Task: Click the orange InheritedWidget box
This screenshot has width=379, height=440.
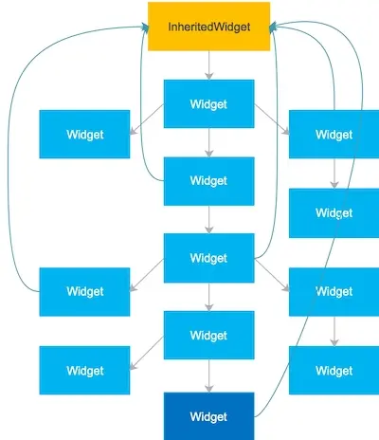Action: pyautogui.click(x=208, y=26)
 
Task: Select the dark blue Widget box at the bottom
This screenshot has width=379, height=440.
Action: pyautogui.click(x=208, y=415)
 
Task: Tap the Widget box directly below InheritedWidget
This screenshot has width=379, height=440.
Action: pyautogui.click(x=208, y=103)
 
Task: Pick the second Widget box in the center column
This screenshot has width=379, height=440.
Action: pyautogui.click(x=208, y=180)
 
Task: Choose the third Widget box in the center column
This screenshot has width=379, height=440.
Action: pyautogui.click(x=208, y=258)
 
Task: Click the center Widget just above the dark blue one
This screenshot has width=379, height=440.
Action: pyautogui.click(x=208, y=335)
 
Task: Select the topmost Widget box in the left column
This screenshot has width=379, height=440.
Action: pyautogui.click(x=84, y=134)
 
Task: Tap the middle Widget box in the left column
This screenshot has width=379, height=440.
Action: pyautogui.click(x=84, y=291)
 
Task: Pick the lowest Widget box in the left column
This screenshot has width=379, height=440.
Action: pyautogui.click(x=84, y=370)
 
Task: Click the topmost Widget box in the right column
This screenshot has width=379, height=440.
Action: pyautogui.click(x=334, y=134)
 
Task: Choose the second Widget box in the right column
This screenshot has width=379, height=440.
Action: pyautogui.click(x=334, y=212)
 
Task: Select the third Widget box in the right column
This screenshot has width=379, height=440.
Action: pyautogui.click(x=334, y=291)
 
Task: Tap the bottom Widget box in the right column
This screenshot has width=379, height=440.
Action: pyautogui.click(x=334, y=370)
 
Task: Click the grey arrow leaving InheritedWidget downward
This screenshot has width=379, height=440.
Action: pyautogui.click(x=208, y=64)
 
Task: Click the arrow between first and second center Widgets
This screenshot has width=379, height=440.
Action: pyautogui.click(x=208, y=142)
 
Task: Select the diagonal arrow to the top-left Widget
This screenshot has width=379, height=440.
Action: pyautogui.click(x=147, y=119)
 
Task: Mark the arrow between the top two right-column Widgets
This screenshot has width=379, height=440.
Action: pyautogui.click(x=334, y=174)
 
